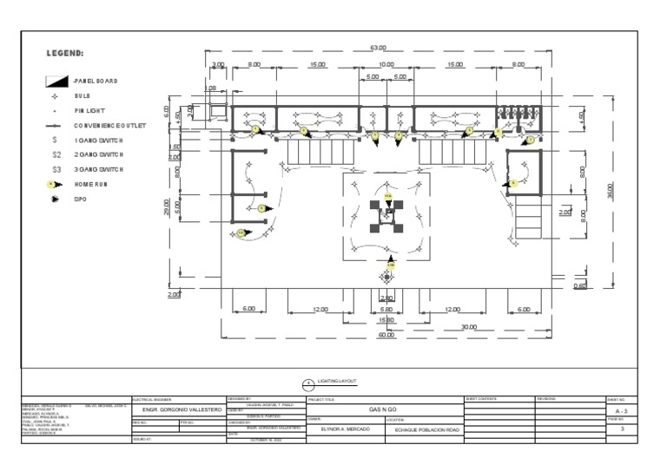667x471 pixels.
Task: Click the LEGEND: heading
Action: (65, 54)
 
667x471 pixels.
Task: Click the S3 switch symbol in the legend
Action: (56, 169)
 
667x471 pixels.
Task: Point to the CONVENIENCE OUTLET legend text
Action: (109, 125)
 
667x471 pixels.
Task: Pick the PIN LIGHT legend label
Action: (89, 111)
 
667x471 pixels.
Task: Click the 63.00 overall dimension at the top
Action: (378, 48)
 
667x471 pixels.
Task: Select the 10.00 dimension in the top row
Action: (386, 65)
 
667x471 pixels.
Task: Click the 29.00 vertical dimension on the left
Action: (167, 208)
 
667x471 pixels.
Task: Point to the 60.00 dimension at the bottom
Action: (386, 334)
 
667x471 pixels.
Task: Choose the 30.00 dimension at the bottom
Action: (469, 326)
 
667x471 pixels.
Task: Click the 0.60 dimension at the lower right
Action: (579, 285)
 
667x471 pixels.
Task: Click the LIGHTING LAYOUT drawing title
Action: (337, 381)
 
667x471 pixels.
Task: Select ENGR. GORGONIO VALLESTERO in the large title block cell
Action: (177, 409)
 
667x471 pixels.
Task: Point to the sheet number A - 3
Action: (621, 410)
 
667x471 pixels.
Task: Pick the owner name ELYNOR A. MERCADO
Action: (340, 428)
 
